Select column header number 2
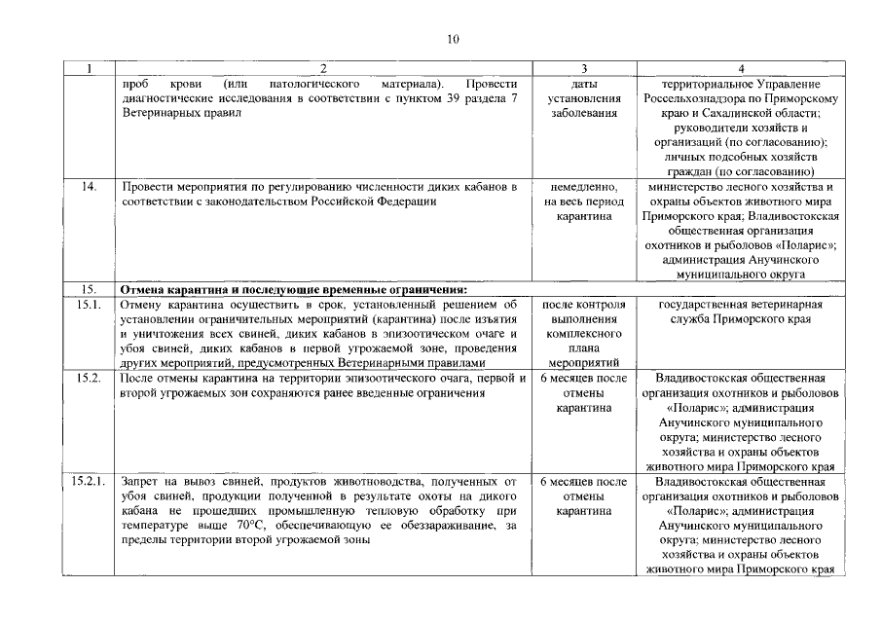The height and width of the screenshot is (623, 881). point(324,69)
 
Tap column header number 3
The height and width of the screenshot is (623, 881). point(583,69)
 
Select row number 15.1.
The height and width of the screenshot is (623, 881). point(89,305)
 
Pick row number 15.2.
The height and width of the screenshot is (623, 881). point(89,378)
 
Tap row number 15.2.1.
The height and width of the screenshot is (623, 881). point(91,482)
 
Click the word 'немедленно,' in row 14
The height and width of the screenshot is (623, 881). point(583,186)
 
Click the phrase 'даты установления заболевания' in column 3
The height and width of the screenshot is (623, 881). point(583,98)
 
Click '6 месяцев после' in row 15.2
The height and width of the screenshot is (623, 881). point(583,378)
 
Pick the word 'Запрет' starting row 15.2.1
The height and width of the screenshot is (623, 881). point(139,482)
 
